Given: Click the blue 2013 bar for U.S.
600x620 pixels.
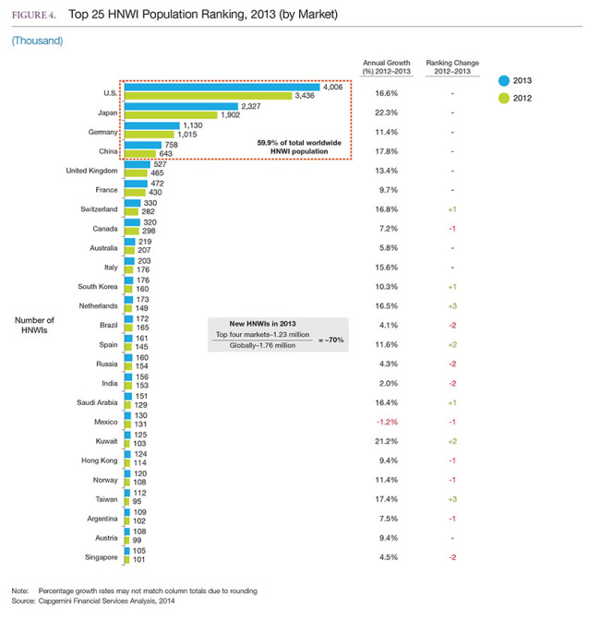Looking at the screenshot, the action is click(222, 87).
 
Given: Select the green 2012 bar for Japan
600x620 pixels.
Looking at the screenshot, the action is click(171, 115).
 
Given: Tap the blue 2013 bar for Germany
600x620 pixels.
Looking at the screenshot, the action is click(152, 125).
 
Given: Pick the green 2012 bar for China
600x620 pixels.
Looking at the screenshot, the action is click(140, 154).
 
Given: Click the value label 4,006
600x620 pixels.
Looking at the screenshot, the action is click(332, 87).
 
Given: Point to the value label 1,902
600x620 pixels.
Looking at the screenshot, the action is click(230, 115).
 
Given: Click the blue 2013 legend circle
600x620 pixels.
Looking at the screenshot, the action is click(504, 80).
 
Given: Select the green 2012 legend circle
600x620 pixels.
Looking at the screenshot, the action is click(504, 98).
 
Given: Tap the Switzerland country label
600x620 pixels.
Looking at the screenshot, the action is click(99, 209).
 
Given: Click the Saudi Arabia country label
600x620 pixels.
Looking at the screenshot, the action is click(97, 402).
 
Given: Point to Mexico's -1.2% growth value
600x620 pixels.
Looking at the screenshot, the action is click(387, 422).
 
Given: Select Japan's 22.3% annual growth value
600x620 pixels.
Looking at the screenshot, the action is click(387, 113).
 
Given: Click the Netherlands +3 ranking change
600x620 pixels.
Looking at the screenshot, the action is click(452, 306).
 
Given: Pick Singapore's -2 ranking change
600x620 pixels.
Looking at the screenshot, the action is click(452, 557).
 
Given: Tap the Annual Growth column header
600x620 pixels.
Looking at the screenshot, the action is click(387, 67).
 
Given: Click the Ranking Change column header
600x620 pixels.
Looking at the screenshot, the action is click(452, 67).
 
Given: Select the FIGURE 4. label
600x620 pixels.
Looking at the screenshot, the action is click(33, 15).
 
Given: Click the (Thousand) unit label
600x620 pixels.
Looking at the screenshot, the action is click(37, 41).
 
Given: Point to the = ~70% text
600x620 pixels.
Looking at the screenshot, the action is click(331, 340).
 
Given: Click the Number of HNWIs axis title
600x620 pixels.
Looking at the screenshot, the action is click(34, 325).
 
